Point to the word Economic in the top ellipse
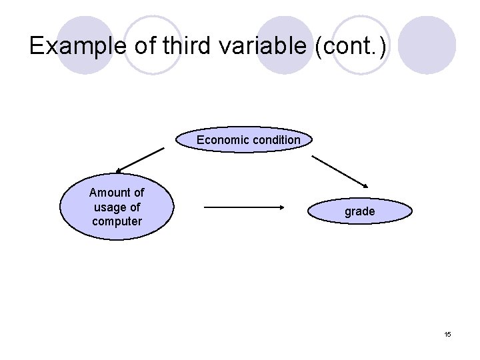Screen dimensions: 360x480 click(x=221, y=140)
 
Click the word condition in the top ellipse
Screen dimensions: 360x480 click(x=274, y=140)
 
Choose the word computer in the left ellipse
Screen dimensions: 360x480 click(x=117, y=221)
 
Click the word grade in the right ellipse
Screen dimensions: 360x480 click(x=360, y=211)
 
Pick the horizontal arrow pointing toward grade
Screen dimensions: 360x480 click(x=243, y=207)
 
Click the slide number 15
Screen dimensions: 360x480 click(x=447, y=334)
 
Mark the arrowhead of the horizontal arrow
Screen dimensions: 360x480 click(x=281, y=207)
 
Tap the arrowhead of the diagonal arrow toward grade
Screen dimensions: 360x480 click(x=365, y=185)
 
